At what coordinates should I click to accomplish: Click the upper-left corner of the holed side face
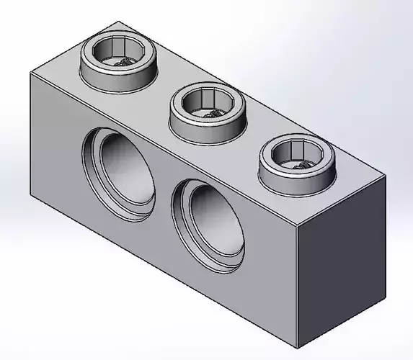pos(30,74)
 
